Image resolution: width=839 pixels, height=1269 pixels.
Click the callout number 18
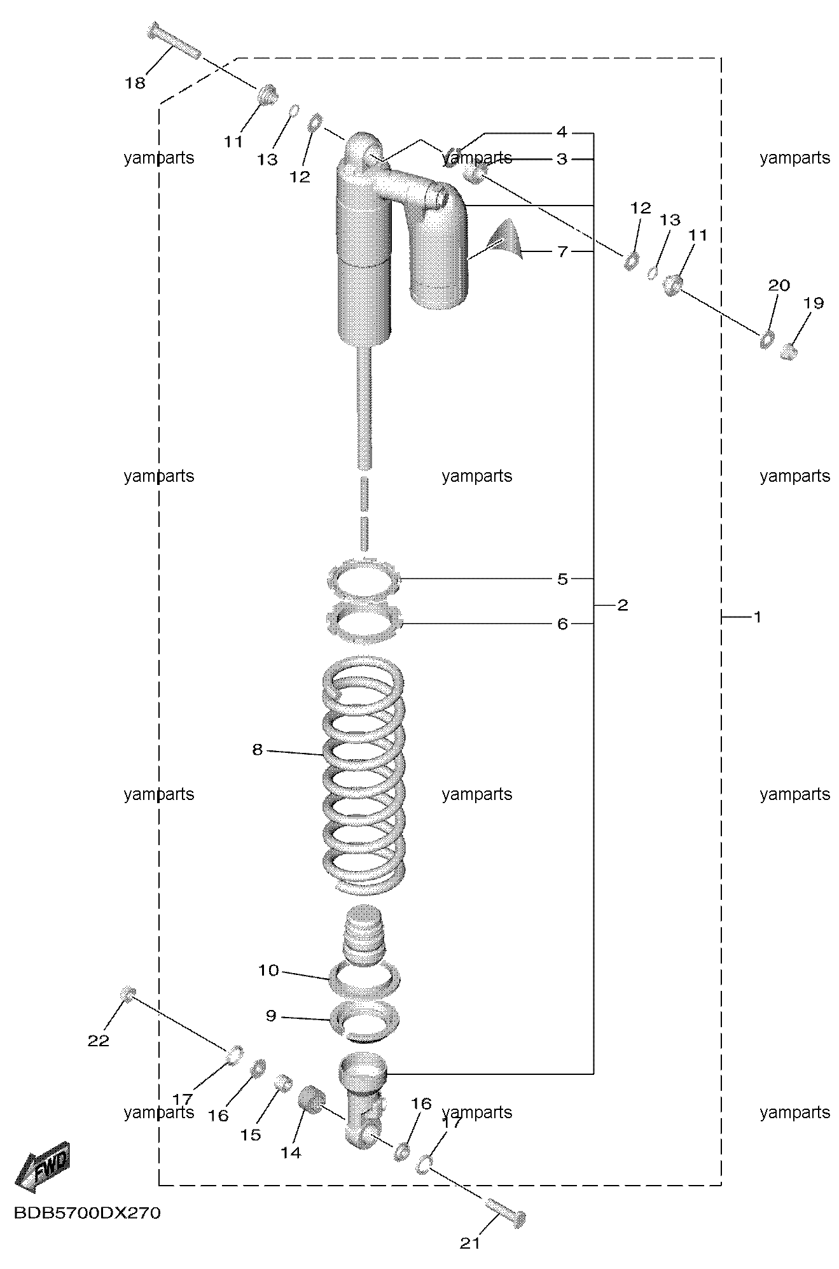(135, 83)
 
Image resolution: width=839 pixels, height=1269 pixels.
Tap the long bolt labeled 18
(174, 40)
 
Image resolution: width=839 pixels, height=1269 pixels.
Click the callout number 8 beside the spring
(257, 750)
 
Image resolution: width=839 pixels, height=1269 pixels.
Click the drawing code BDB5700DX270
(87, 1213)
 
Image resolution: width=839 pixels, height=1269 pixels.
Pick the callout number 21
(470, 1243)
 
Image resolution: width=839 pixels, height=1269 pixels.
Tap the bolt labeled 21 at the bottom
(506, 1213)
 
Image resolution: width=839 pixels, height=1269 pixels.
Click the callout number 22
(99, 1041)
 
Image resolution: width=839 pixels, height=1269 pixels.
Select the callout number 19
(814, 303)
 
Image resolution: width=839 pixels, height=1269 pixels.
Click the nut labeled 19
(789, 352)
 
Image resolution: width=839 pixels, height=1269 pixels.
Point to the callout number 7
(562, 252)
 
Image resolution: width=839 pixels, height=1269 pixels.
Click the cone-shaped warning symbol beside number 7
(504, 240)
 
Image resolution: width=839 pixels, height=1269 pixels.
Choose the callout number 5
(562, 579)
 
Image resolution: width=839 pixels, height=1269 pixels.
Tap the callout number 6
(562, 624)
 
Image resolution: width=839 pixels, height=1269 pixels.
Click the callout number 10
(268, 971)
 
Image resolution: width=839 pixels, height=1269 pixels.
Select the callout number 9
(271, 1016)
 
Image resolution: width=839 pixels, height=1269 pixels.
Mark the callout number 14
(291, 1153)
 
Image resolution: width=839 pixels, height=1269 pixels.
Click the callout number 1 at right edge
(757, 617)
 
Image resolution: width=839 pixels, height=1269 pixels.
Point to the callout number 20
(779, 285)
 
